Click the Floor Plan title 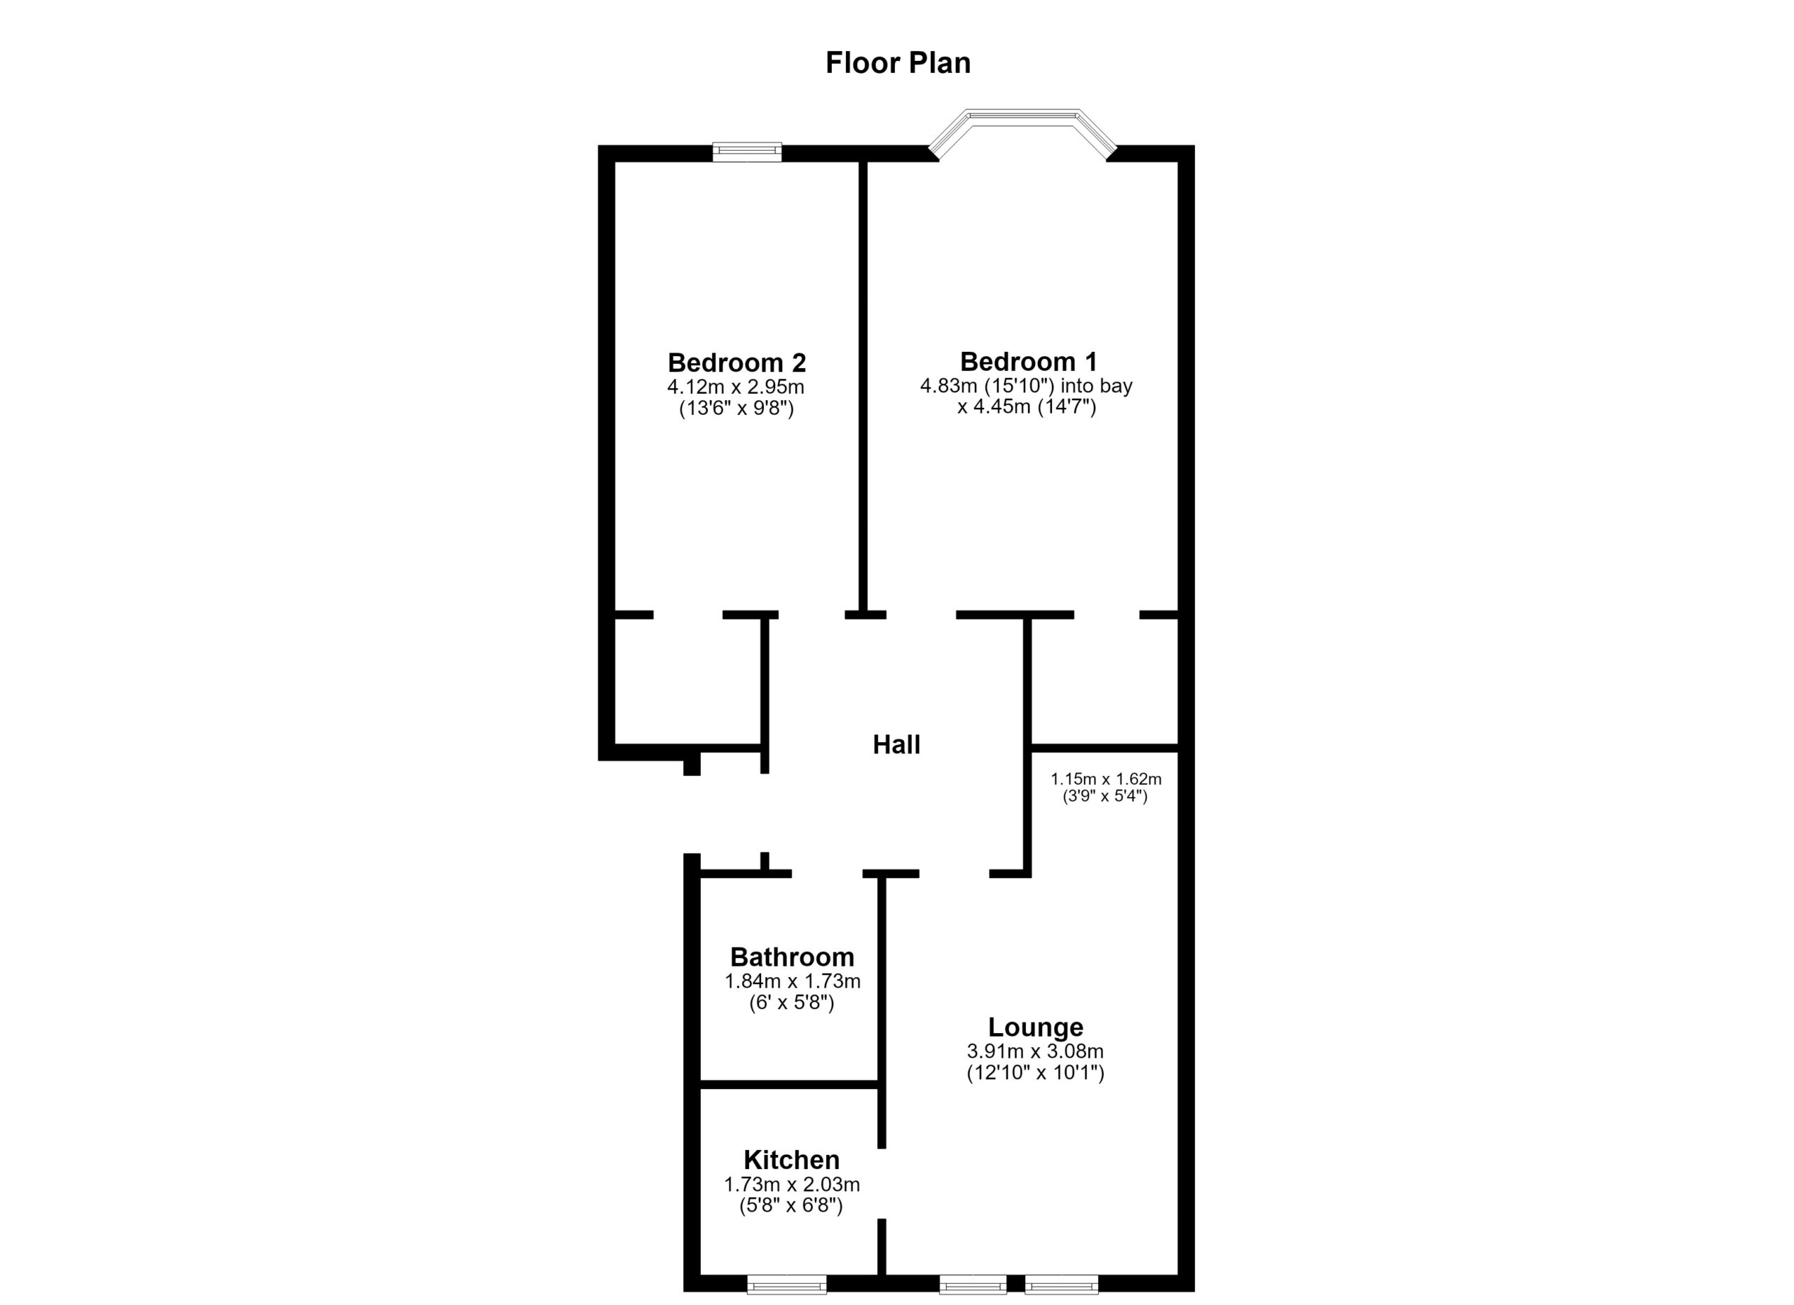point(898,63)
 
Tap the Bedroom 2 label point(737,363)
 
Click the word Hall point(896,744)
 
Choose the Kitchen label point(791,1160)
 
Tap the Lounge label point(1036,1027)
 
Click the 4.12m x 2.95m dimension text point(736,388)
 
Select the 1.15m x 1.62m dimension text point(1105,779)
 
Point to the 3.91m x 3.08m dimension point(1034,1052)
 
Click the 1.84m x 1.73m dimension point(792,981)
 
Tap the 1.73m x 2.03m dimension point(791,1184)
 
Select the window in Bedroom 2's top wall point(747,152)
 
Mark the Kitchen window point(786,1285)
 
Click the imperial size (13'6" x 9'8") point(737,409)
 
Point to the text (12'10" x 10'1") point(1034,1073)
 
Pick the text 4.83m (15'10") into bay point(1026,386)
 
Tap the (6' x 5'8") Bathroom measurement point(792,1003)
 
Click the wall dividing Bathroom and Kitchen point(789,1084)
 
